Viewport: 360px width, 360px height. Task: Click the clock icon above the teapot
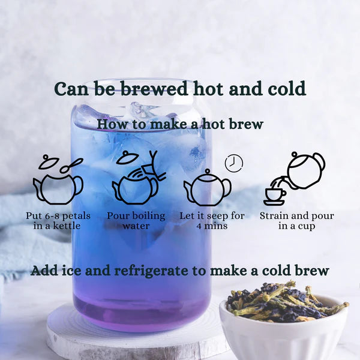(234, 163)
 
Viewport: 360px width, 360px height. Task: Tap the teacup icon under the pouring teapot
(275, 197)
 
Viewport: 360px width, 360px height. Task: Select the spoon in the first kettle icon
(71, 166)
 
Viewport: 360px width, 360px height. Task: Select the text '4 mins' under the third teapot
(212, 226)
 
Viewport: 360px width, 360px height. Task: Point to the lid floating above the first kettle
(49, 162)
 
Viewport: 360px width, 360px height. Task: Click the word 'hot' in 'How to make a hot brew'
(213, 124)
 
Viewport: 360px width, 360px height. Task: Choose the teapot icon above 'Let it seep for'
(208, 188)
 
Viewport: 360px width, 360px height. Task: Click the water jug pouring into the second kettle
(152, 166)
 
